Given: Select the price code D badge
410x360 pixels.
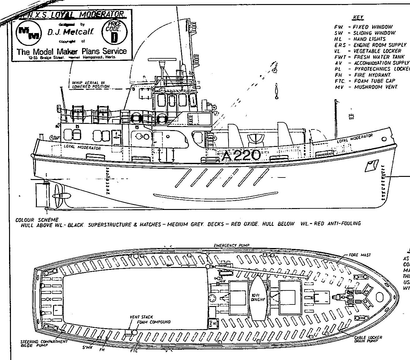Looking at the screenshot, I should point(115,32).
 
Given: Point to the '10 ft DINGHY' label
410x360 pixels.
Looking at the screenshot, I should point(258,297).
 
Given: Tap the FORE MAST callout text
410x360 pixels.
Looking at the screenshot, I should point(360,255).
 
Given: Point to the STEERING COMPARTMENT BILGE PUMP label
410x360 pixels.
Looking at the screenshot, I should point(44,343).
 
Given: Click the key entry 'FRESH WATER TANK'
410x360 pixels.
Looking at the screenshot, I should point(378,57).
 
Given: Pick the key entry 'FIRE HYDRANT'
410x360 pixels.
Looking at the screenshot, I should point(372,75).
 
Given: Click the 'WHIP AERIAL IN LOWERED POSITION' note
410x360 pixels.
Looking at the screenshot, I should point(91,85).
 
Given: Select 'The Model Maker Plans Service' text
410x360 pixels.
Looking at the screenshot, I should point(72,51).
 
